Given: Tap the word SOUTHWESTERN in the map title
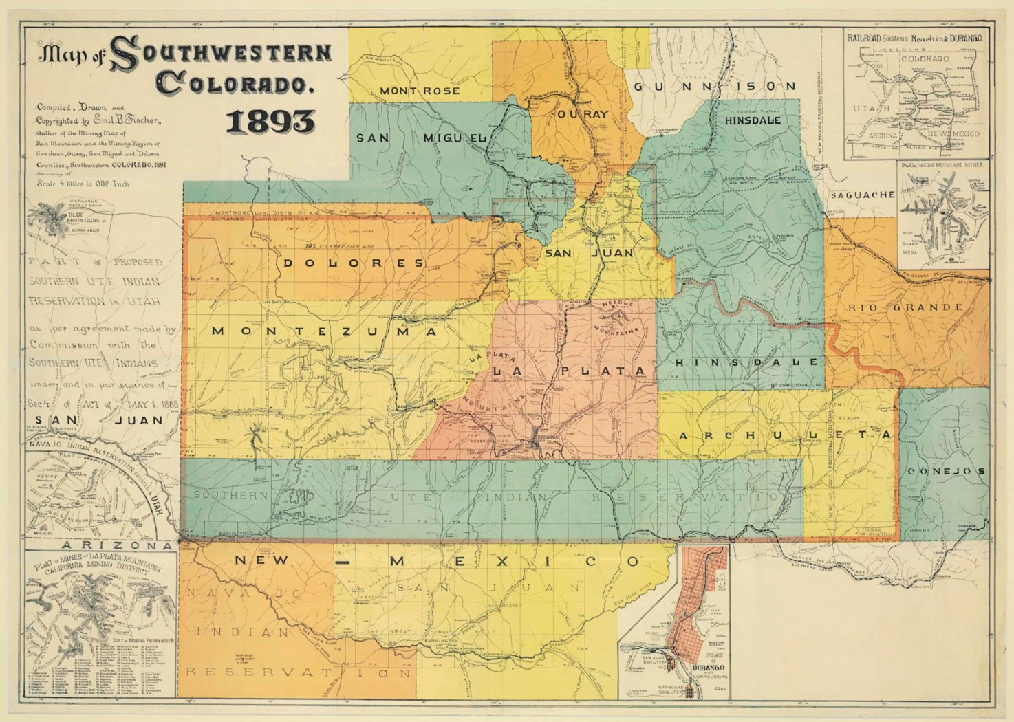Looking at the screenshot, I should point(220,56).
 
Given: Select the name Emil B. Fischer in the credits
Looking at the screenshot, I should point(131,121).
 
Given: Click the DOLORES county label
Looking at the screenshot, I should point(352,263).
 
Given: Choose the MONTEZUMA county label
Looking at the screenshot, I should point(325,331).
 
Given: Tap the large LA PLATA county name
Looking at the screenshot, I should point(570,371).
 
